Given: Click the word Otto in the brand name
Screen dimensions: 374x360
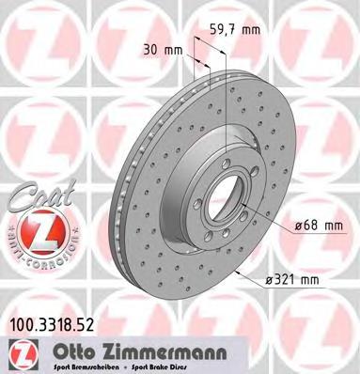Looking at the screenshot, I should click(81, 354).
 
